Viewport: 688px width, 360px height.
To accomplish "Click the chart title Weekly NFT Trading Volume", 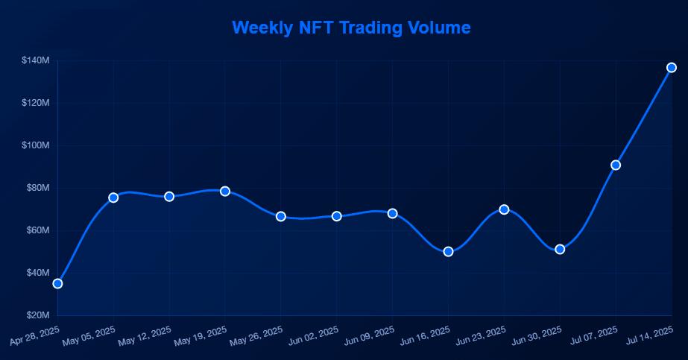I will point(351,28).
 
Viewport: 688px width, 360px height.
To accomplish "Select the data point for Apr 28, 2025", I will point(57,283).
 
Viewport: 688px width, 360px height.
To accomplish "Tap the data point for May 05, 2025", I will point(113,198).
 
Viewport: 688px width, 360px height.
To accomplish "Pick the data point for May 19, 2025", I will point(225,191).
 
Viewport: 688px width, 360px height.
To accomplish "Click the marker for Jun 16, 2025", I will point(448,251).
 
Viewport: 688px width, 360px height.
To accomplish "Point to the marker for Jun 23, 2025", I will point(504,209).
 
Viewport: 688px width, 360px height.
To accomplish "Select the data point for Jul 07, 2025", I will point(616,165).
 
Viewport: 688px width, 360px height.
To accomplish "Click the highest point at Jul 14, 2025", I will point(671,68).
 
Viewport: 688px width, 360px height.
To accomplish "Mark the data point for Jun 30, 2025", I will point(560,249).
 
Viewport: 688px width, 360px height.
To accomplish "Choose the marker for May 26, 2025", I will point(281,216).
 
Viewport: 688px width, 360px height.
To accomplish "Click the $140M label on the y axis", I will point(35,60).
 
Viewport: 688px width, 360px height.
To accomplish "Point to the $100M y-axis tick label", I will point(35,145).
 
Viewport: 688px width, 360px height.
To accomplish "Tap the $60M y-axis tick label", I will point(37,230).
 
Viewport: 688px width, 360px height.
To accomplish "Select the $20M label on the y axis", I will point(37,315).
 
